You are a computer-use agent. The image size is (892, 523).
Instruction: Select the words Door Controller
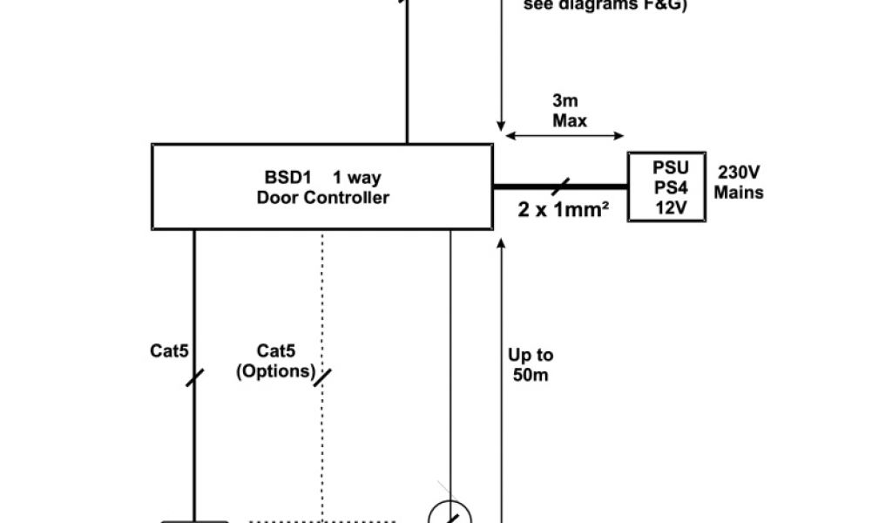pyautogui.click(x=322, y=198)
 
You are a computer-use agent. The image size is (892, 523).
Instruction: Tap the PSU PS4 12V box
pyautogui.click(x=666, y=187)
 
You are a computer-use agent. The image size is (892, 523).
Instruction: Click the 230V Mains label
pyautogui.click(x=739, y=181)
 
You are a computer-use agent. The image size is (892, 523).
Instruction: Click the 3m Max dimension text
pyautogui.click(x=569, y=111)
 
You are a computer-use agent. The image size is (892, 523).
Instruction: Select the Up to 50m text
pyautogui.click(x=530, y=365)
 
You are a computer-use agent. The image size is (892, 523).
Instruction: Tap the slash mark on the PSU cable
pyautogui.click(x=559, y=186)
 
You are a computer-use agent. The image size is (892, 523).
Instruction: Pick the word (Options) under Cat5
pyautogui.click(x=275, y=370)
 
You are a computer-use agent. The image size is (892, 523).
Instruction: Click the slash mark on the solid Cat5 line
pyautogui.click(x=193, y=377)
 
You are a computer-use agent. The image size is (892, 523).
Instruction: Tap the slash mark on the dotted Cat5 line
pyautogui.click(x=322, y=377)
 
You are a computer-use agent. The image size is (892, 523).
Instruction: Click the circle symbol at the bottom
pyautogui.click(x=450, y=514)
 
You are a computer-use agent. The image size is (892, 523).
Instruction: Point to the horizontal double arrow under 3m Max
pyautogui.click(x=565, y=135)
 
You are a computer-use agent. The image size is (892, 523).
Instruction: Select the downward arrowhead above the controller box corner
pyautogui.click(x=501, y=126)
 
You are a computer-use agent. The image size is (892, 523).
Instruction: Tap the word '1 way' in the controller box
pyautogui.click(x=356, y=178)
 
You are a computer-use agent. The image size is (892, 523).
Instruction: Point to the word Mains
pyautogui.click(x=739, y=192)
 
